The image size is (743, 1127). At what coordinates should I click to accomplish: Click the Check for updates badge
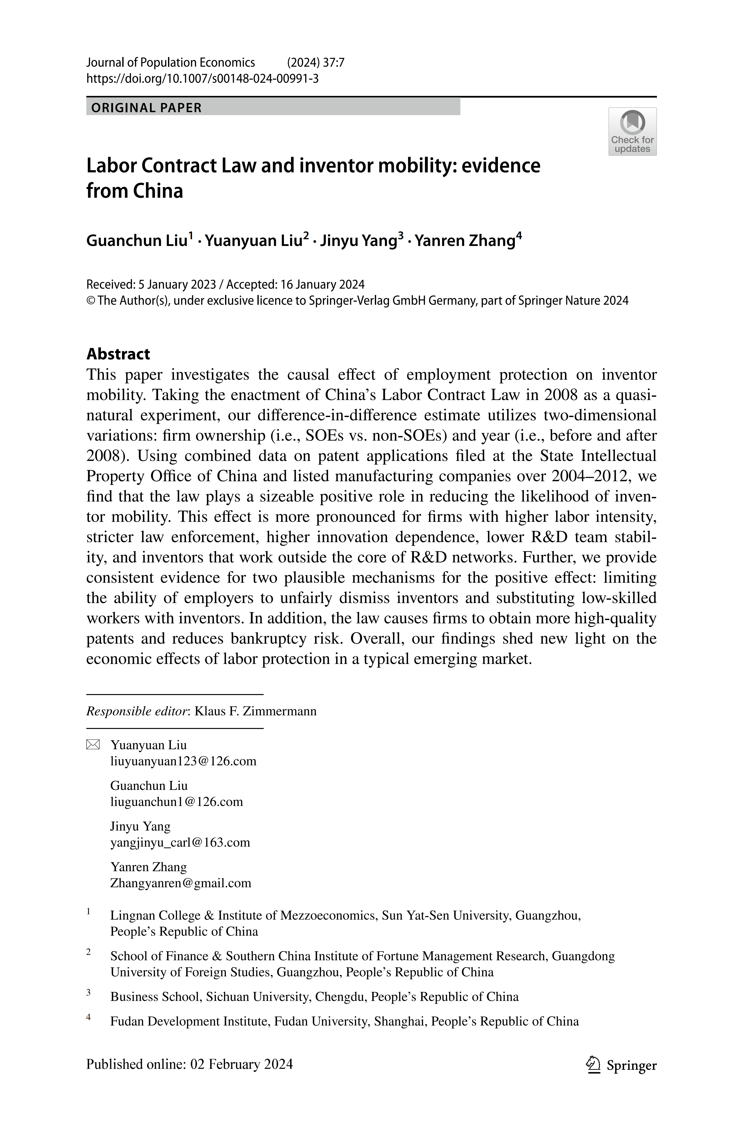tap(632, 131)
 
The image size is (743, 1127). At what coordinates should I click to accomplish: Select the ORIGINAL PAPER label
tap(146, 108)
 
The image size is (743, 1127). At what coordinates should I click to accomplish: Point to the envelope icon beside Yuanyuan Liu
tap(93, 745)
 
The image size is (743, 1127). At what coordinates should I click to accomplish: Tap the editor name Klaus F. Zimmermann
tap(255, 711)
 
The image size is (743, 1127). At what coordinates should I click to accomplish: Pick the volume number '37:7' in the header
tap(333, 62)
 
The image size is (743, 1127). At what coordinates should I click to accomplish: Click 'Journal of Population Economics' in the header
tap(171, 62)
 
